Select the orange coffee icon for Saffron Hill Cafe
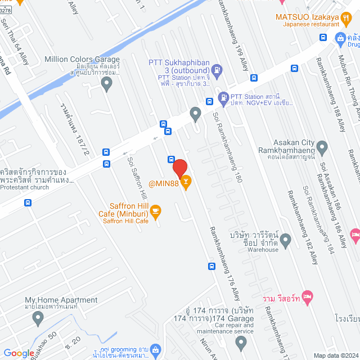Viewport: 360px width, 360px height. pyautogui.click(x=156, y=211)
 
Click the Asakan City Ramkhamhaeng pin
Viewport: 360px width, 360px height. pyautogui.click(x=322, y=148)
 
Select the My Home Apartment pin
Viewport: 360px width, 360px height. pyautogui.click(x=38, y=318)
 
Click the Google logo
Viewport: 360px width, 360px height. pyautogui.click(x=19, y=353)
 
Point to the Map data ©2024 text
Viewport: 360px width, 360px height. pyautogui.click(x=335, y=355)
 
